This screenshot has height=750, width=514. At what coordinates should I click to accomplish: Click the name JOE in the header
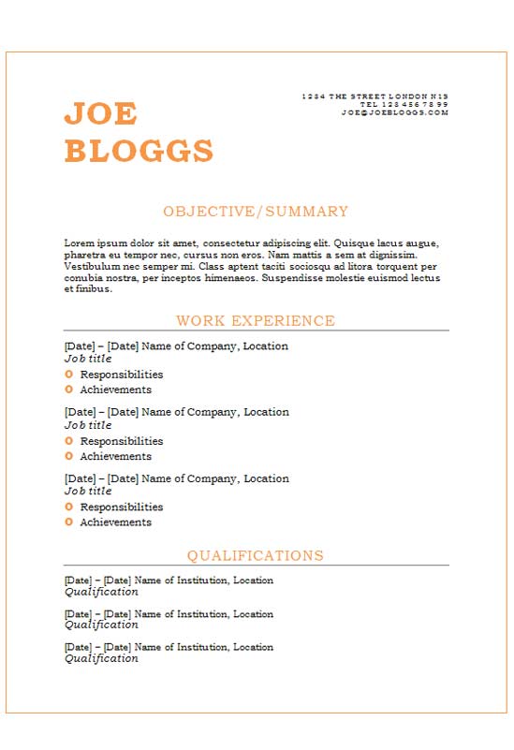100,114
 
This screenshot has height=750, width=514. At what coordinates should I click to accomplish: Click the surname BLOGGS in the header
139,151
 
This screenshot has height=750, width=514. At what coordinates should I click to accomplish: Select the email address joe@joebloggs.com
395,112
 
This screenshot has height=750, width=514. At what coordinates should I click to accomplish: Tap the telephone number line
404,104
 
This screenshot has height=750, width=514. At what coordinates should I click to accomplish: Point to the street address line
374,96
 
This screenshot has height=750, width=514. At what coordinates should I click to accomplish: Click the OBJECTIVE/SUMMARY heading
256,212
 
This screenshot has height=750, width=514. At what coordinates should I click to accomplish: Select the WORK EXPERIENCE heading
256,321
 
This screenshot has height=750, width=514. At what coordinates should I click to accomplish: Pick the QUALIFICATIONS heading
256,556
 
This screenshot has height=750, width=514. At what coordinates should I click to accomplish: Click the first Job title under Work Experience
88,359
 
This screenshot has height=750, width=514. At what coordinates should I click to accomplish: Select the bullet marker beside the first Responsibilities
69,375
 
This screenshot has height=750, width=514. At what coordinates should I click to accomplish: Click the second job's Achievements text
115,457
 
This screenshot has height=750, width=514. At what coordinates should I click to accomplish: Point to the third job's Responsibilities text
121,507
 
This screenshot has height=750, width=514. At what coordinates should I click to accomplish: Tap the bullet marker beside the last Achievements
69,522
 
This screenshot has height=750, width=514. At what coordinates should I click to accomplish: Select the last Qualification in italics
101,658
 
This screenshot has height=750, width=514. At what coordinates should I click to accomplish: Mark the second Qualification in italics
101,625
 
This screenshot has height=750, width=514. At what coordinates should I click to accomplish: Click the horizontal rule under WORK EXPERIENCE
256,331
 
